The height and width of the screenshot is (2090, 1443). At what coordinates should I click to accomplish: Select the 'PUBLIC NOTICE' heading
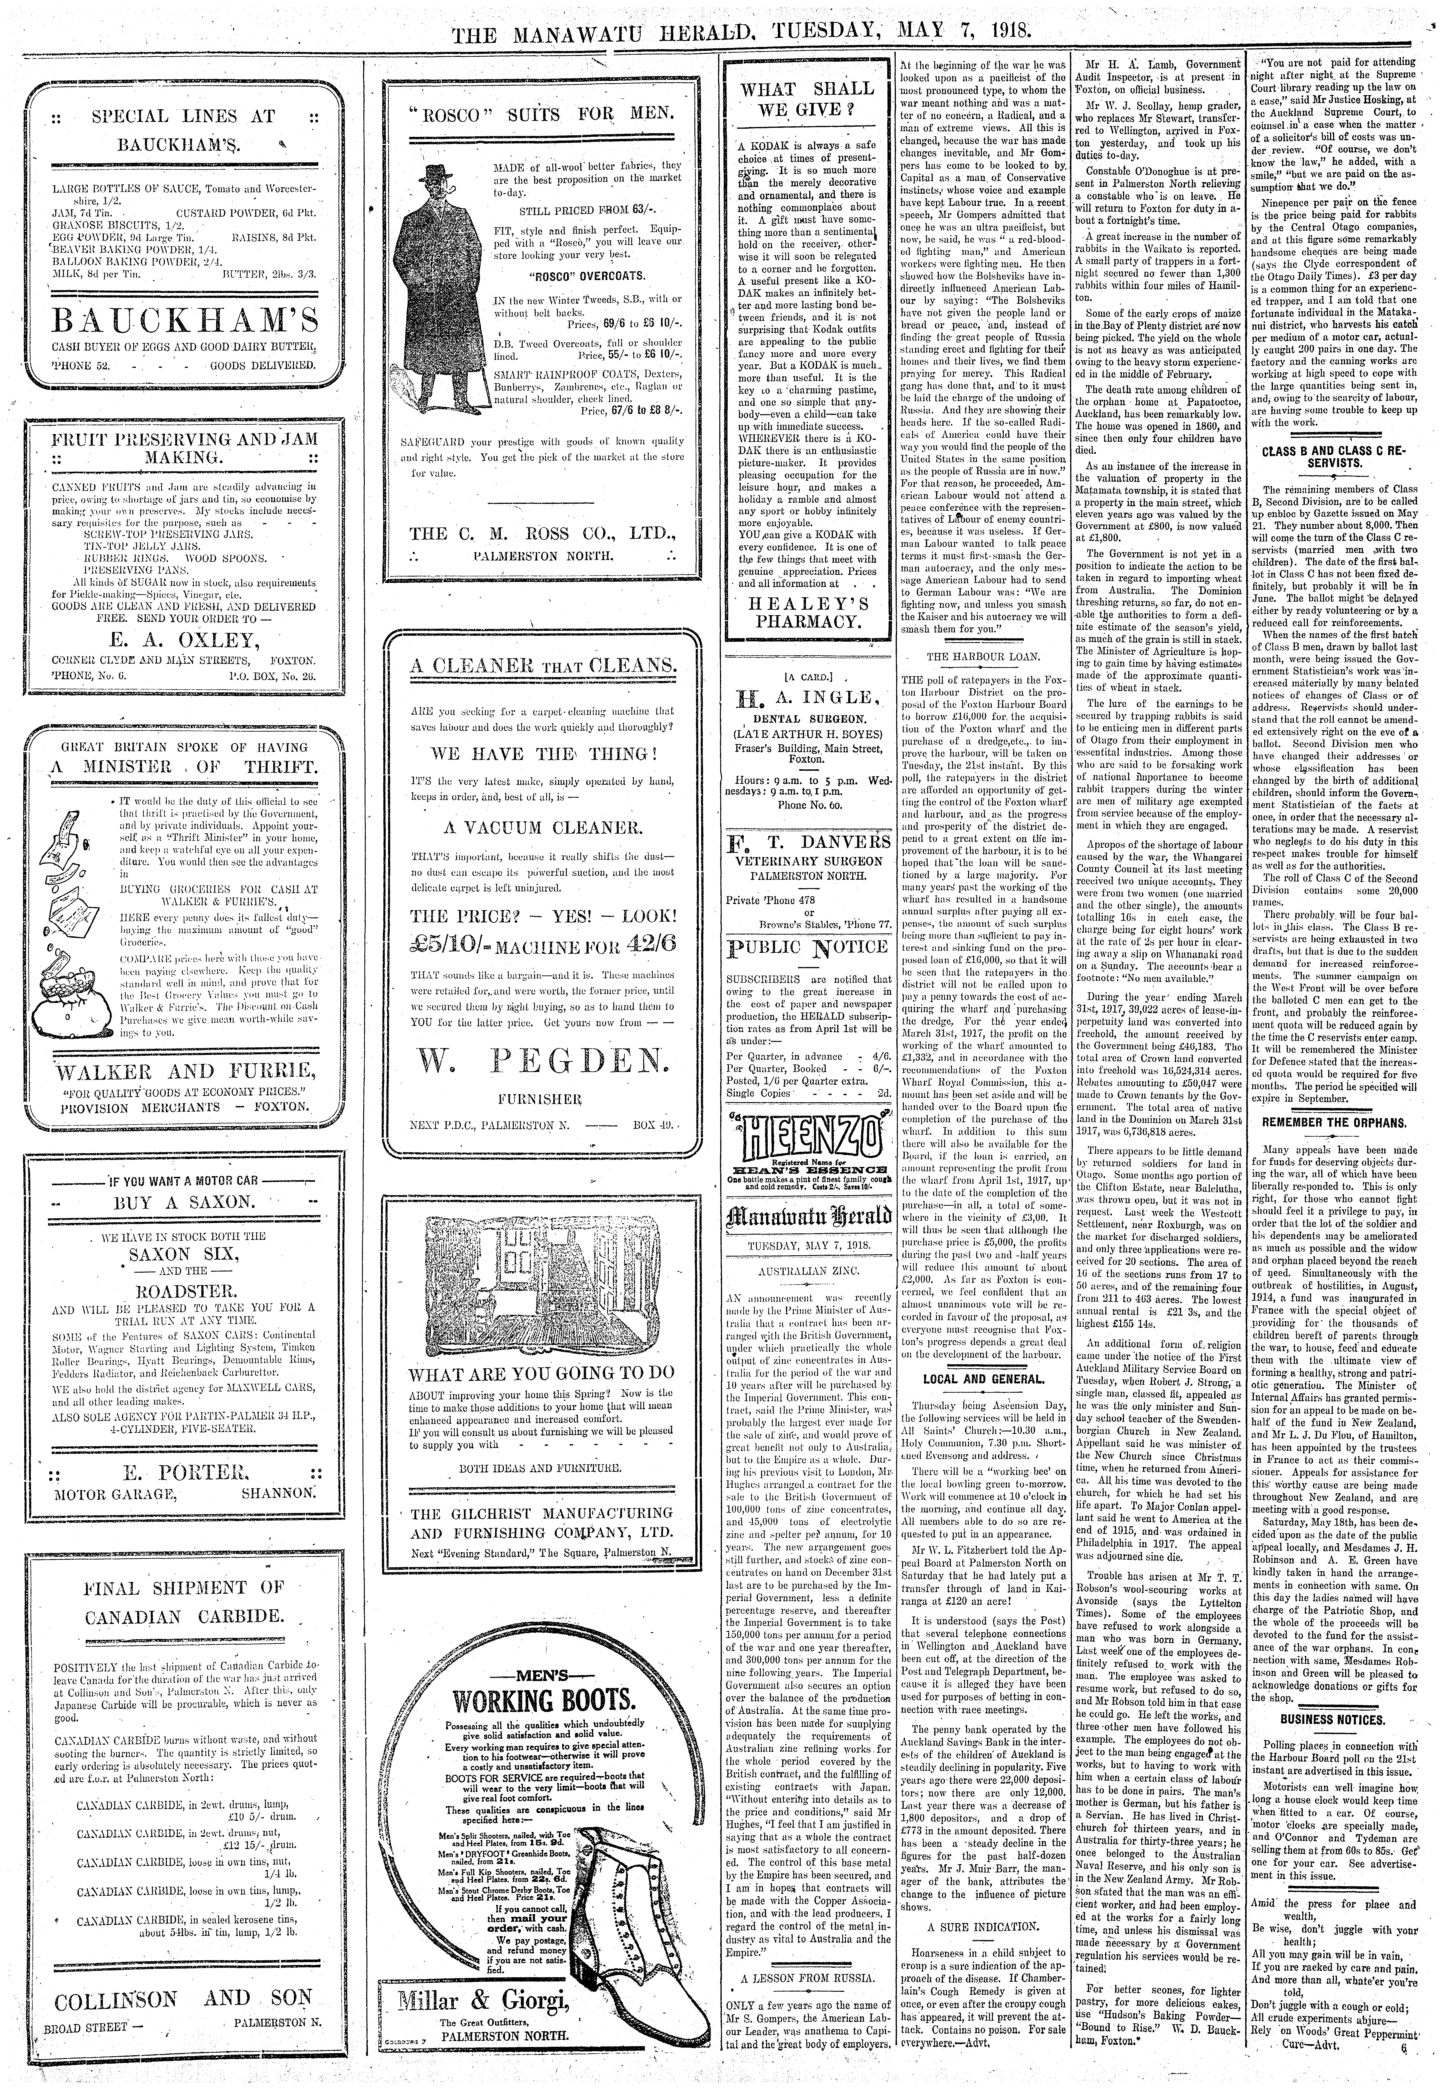coord(807,947)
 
